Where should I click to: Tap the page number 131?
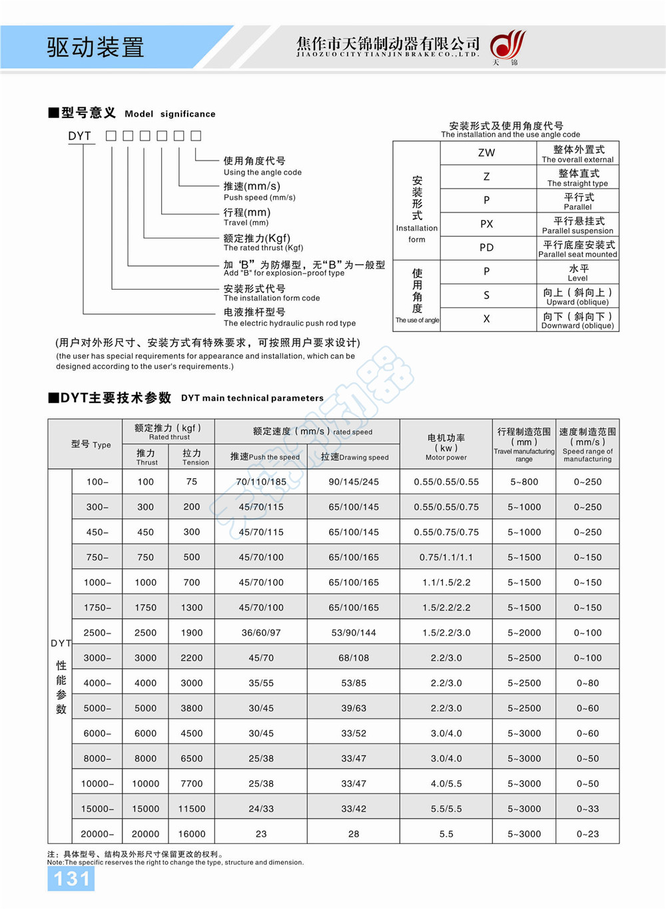click(71, 879)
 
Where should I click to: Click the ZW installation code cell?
click(486, 153)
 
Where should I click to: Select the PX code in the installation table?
click(486, 224)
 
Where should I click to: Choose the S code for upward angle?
click(486, 295)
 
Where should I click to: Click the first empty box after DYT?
click(111, 136)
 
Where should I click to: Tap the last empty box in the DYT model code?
click(196, 136)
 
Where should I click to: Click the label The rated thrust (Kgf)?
click(263, 248)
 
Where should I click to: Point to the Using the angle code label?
click(262, 173)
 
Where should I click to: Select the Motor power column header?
click(446, 447)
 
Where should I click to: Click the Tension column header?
click(192, 456)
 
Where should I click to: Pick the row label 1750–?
click(97, 608)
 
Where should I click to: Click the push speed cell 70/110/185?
click(261, 482)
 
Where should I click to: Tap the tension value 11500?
click(192, 809)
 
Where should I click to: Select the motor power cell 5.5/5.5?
click(446, 809)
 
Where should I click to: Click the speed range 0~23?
click(587, 834)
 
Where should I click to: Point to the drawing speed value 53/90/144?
click(354, 633)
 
